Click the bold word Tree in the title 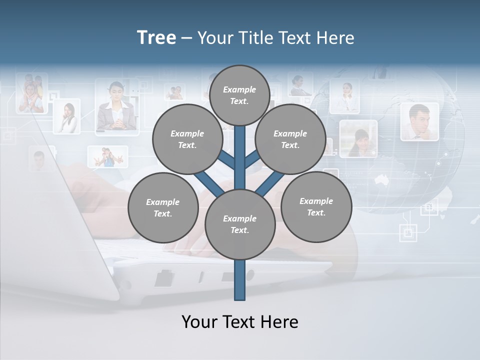pyautogui.click(x=156, y=38)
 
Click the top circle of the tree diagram pyautogui.click(x=239, y=95)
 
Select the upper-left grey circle pyautogui.click(x=187, y=139)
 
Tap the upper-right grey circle pyautogui.click(x=290, y=139)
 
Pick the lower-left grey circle pyautogui.click(x=162, y=207)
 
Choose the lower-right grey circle pyautogui.click(x=316, y=206)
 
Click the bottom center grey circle pyautogui.click(x=239, y=224)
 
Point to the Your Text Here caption pyautogui.click(x=239, y=322)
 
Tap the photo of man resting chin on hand pyautogui.click(x=419, y=121)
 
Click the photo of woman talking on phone pyautogui.click(x=67, y=116)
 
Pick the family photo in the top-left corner pyautogui.click(x=31, y=92)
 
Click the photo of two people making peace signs pyautogui.click(x=107, y=156)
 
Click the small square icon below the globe pyautogui.click(x=408, y=232)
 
